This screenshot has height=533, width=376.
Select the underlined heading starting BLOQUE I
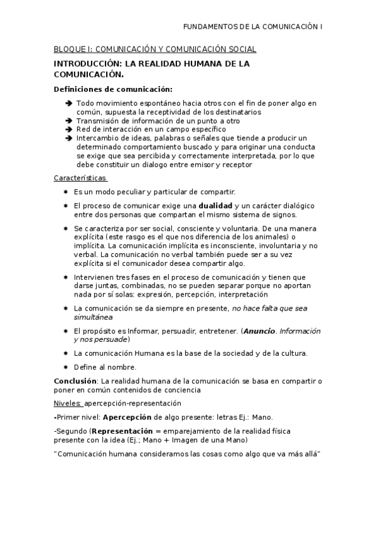[x=155, y=50]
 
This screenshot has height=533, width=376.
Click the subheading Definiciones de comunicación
[x=113, y=89]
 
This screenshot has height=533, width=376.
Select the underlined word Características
[x=80, y=179]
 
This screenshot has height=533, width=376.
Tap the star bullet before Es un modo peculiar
[x=66, y=192]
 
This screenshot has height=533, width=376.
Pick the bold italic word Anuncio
[x=259, y=331]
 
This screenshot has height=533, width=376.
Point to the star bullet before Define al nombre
[x=66, y=367]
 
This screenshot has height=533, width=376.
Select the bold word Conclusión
[x=75, y=381]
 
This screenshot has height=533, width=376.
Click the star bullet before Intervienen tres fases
[x=66, y=277]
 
